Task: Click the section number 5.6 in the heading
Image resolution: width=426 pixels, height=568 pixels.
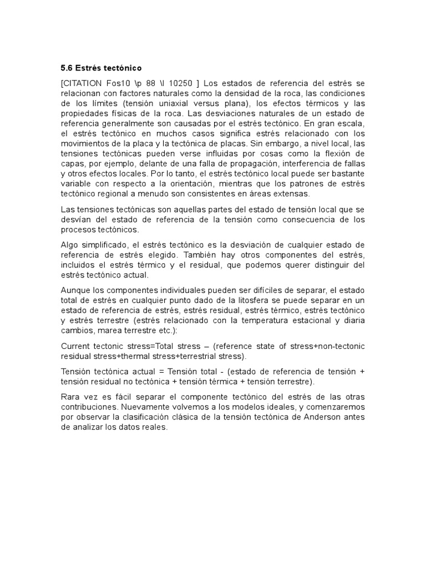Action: tap(66, 68)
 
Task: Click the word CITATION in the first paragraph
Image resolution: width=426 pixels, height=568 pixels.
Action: tap(84, 83)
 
